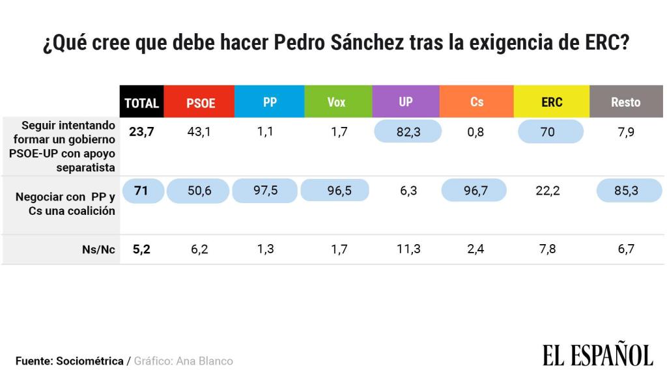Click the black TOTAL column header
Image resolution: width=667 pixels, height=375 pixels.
click(142, 102)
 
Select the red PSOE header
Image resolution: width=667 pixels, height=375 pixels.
click(200, 102)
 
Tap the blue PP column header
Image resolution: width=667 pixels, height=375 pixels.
click(270, 102)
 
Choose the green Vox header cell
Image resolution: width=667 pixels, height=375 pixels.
click(337, 102)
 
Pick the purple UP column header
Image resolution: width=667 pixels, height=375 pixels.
click(406, 102)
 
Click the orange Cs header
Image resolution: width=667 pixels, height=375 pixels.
click(477, 102)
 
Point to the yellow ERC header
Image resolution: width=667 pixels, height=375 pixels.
click(552, 102)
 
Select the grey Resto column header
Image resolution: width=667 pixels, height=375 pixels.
click(625, 102)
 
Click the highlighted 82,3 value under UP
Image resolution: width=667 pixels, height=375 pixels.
click(408, 132)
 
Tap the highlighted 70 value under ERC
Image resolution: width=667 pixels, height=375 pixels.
click(547, 132)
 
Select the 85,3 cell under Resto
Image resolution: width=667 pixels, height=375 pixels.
click(627, 191)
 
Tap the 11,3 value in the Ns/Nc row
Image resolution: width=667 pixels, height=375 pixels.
click(408, 249)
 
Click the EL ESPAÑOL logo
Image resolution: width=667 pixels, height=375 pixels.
click(597, 355)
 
